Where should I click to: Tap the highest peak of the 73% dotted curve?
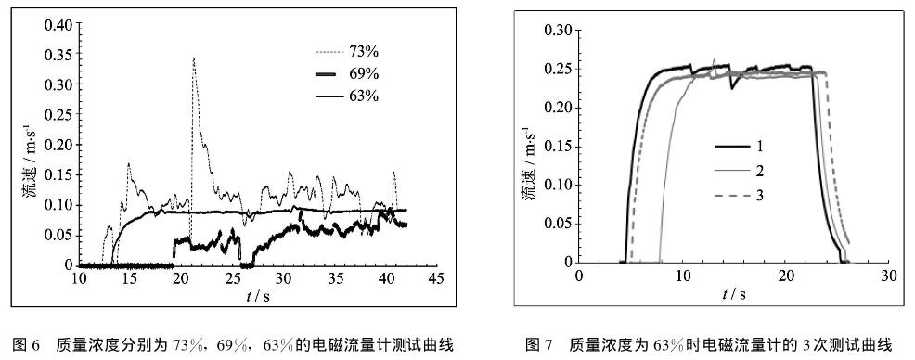pos(193,58)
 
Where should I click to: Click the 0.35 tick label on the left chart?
pos(57,55)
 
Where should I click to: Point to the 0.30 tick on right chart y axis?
pos(554,32)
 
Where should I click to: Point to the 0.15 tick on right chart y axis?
pos(554,147)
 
